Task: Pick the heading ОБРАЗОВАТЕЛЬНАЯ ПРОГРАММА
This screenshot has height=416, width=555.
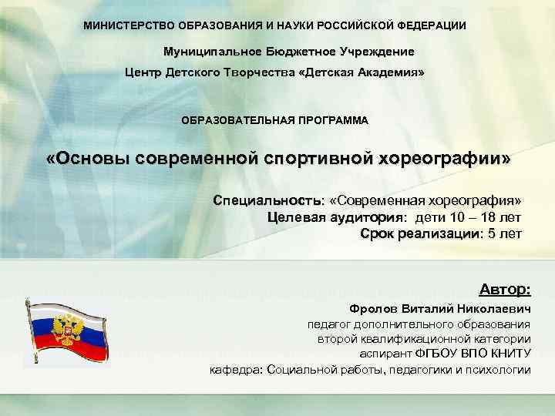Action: coord(274,121)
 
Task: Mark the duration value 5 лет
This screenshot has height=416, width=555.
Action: coord(505,233)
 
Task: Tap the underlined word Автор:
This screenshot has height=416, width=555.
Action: coord(505,290)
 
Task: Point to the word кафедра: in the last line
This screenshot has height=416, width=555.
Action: coord(236,370)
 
